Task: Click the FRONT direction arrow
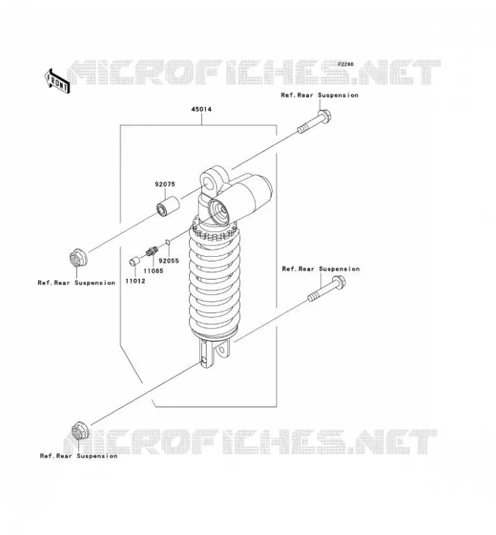click(x=57, y=82)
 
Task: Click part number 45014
click(x=201, y=109)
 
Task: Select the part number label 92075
click(x=164, y=185)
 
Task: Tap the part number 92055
click(x=169, y=261)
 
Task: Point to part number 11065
click(x=153, y=271)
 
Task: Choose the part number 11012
click(x=135, y=281)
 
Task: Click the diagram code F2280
click(x=346, y=64)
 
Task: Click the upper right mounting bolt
click(x=314, y=121)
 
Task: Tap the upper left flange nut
click(x=78, y=258)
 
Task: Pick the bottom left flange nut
click(x=80, y=431)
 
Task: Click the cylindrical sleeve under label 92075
click(x=168, y=206)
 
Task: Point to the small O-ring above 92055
click(x=168, y=242)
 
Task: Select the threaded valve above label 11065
click(x=152, y=252)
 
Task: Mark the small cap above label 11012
click(x=134, y=261)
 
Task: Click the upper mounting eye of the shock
click(x=211, y=181)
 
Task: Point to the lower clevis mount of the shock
click(x=214, y=354)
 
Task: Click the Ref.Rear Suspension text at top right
click(x=320, y=95)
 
